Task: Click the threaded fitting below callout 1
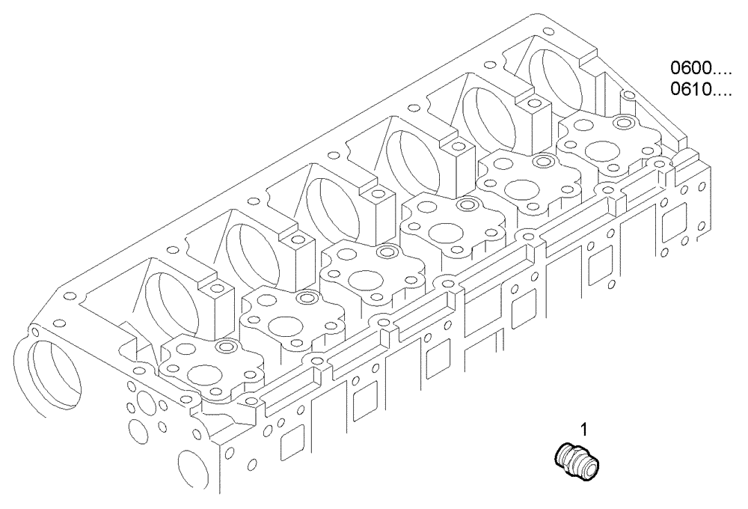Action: [x=578, y=458]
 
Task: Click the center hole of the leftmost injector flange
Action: [x=203, y=374]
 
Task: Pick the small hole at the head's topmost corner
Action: [x=548, y=32]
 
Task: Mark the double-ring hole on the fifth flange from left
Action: [x=545, y=162]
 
